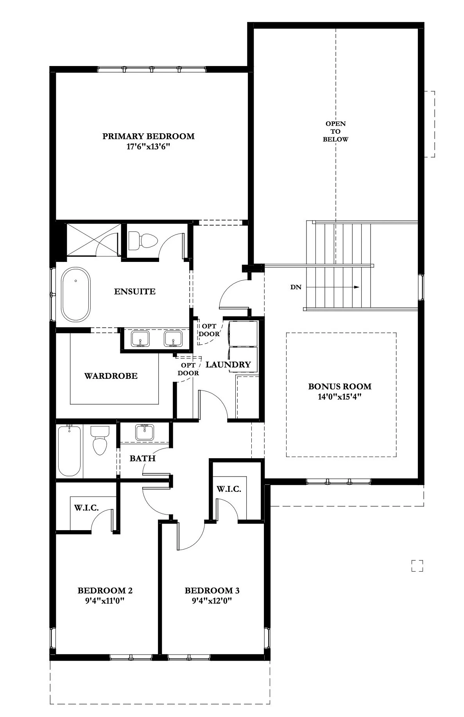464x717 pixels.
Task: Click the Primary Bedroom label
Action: coord(149,136)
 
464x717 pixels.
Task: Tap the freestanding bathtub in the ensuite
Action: coord(76,294)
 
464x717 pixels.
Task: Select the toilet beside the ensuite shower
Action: coord(143,240)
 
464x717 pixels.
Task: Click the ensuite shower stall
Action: coord(93,240)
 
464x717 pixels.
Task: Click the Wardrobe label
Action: coord(111,376)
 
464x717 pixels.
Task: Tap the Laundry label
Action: coord(228,365)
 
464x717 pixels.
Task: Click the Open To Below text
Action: coord(335,131)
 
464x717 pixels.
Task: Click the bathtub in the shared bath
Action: coord(70,451)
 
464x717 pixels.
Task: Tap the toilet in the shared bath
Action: coord(100,440)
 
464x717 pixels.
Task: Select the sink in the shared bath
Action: coord(144,432)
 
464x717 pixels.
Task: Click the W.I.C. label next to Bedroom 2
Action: coord(86,508)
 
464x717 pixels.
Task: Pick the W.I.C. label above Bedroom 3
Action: coord(229,489)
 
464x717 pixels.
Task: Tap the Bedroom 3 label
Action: coord(212,590)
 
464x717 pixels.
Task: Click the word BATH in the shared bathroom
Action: coord(143,458)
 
